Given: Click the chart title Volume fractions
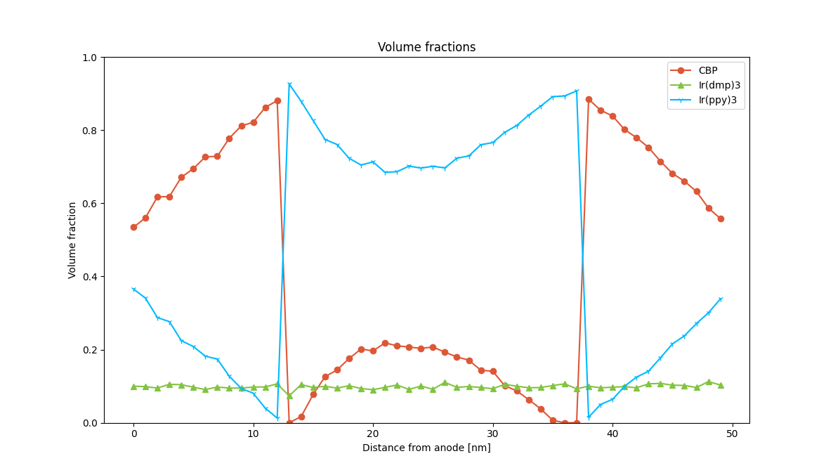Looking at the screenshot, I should pos(426,47).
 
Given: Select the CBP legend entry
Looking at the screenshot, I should pos(707,70).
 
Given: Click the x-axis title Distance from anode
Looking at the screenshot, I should pos(426,448).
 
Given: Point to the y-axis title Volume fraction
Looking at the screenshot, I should pos(72,240).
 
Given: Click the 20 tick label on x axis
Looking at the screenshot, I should pos(373,434).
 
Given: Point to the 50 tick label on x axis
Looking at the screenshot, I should pos(733,434).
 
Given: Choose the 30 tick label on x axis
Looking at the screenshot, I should pos(493,434).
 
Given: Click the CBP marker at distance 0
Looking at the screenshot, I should pos(133,227).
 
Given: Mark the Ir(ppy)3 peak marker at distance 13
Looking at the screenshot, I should pos(289,84).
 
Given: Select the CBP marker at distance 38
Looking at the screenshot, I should pos(589,99).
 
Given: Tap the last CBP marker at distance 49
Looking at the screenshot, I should pos(721,219).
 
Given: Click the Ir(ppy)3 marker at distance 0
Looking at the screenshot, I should pos(133,289).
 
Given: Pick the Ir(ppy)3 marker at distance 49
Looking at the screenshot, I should pos(721,299).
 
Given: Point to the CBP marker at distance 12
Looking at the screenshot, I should pos(277,100).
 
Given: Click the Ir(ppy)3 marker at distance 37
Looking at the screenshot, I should pos(577,91).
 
